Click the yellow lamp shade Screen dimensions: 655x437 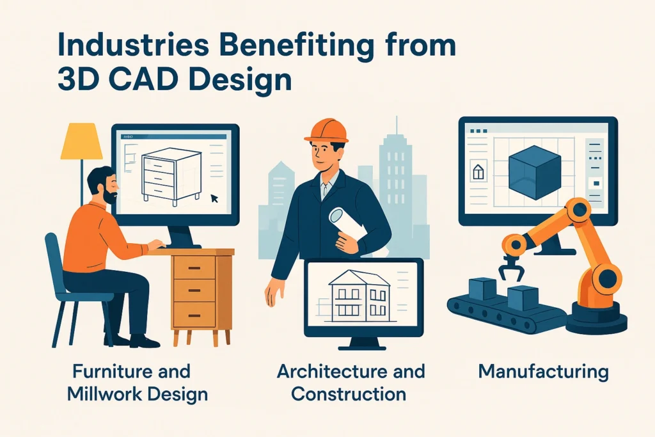[x=81, y=141]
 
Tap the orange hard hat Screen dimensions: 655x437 [x=327, y=131]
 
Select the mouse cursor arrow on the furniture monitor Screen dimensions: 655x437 [x=214, y=198]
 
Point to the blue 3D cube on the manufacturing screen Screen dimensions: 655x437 [x=535, y=172]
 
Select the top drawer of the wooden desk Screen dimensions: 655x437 [x=194, y=267]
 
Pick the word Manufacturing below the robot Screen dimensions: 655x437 [x=544, y=372]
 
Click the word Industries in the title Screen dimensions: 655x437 [x=134, y=45]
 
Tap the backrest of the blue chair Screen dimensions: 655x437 [x=55, y=262]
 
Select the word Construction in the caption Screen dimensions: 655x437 [x=349, y=394]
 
